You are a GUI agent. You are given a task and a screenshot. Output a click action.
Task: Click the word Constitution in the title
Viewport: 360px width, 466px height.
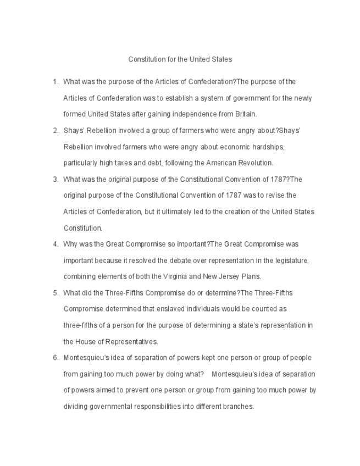click(146, 59)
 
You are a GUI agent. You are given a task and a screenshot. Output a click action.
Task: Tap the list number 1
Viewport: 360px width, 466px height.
click(55, 82)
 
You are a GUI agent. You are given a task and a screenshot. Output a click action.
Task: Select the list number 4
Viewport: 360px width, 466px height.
click(55, 244)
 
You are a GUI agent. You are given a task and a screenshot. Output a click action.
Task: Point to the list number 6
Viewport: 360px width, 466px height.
click(55, 358)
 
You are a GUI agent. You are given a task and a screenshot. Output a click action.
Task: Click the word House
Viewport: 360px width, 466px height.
click(85, 342)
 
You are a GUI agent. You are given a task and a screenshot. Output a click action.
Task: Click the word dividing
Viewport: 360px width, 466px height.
click(74, 407)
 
